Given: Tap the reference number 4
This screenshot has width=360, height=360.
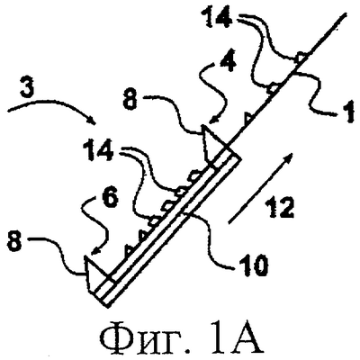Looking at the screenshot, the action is click(x=226, y=61).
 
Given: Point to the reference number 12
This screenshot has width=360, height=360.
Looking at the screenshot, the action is click(x=281, y=207).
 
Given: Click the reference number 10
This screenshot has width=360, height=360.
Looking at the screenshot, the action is click(x=254, y=265).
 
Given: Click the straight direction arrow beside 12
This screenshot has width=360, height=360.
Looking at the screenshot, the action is click(x=260, y=188).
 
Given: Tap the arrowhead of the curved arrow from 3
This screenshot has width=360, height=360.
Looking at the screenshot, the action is click(x=91, y=121).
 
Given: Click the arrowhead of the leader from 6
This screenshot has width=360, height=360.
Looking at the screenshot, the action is click(x=94, y=251).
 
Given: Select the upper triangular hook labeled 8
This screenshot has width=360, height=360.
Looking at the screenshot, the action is click(x=212, y=142).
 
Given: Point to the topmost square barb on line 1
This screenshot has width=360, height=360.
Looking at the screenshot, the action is click(x=299, y=58).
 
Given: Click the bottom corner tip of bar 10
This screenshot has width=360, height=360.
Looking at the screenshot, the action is click(x=106, y=307).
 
